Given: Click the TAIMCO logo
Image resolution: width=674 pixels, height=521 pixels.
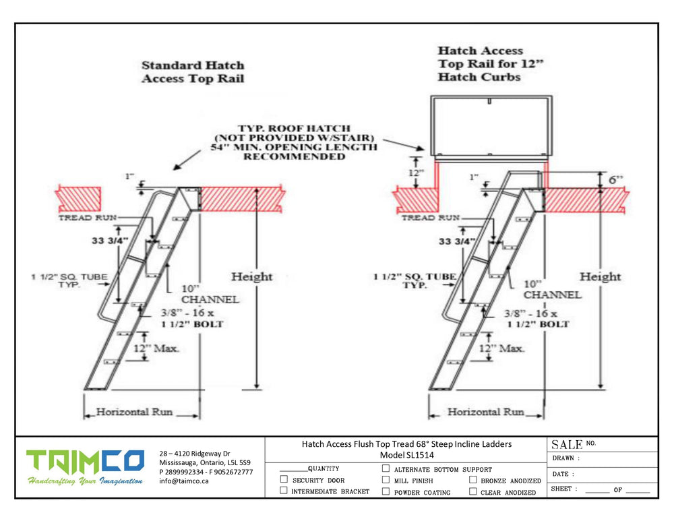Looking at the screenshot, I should point(85,462).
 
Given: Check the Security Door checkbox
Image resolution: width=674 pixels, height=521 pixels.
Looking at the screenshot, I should point(284,480).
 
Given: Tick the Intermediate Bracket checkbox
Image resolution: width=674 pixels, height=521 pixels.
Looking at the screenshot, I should point(284,491).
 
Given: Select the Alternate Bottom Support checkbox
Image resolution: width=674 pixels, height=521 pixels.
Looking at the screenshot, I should point(386,468).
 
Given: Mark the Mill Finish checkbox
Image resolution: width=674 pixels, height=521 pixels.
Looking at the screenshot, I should point(386,480).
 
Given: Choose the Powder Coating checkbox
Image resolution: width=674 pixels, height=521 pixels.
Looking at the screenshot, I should point(386,491).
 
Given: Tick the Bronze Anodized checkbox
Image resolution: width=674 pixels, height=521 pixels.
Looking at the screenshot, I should point(472,480).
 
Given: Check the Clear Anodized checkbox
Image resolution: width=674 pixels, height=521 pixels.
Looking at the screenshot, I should point(472,491).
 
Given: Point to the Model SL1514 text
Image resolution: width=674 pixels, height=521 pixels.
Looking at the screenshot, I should point(406,455).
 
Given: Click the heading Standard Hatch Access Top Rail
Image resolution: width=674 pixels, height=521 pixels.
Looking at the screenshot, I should point(193,72).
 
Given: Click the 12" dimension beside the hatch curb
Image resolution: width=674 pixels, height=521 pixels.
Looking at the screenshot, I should point(416,173).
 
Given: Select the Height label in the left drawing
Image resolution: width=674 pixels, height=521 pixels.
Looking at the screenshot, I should point(251,276).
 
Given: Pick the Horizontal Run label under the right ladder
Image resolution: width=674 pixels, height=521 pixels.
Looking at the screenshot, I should point(486,412).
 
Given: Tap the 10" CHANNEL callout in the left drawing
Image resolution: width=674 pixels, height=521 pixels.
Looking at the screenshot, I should point(210,293).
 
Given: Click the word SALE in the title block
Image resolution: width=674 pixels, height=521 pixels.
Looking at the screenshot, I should point(567,445).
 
